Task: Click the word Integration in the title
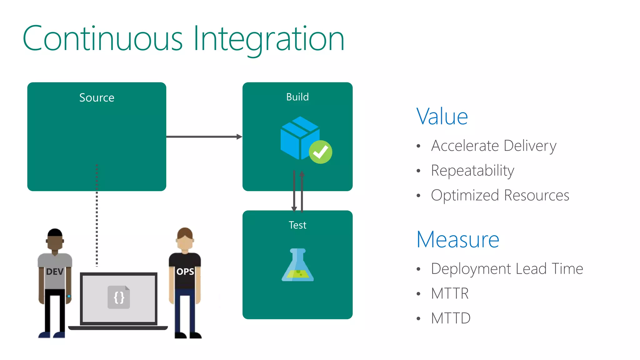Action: point(269,39)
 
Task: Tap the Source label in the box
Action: point(97,98)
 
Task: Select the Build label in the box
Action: point(297,97)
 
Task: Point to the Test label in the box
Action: point(297,225)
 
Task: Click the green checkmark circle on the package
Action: point(320,152)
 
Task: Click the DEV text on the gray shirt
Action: point(55,272)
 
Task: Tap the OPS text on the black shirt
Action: point(185,272)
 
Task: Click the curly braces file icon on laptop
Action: point(119,297)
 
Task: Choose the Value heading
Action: point(442,117)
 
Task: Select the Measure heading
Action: point(458,240)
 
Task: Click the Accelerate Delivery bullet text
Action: point(494,146)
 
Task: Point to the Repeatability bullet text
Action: point(472,171)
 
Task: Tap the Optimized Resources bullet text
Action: point(500,195)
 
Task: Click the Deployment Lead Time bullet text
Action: point(507,269)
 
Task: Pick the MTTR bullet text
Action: point(450,293)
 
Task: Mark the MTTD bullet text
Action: point(451,318)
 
